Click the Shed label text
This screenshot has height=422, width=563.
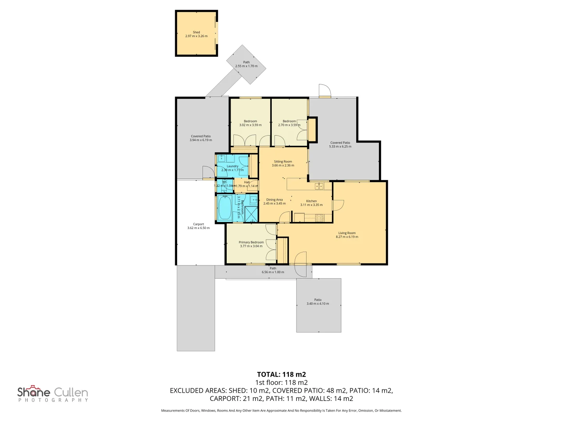[x=196, y=32]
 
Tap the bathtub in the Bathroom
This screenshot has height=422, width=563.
[x=225, y=207]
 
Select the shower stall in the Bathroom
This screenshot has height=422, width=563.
[x=251, y=214]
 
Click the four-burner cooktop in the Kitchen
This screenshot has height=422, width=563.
[x=319, y=218]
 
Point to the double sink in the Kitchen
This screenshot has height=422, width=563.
[x=319, y=186]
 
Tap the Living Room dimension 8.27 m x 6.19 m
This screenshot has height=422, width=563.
[x=347, y=237]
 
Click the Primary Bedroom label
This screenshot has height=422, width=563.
[x=251, y=242]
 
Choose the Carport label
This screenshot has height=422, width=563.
[x=198, y=224]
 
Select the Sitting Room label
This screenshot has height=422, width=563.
[x=283, y=161]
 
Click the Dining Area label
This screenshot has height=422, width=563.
[x=274, y=200]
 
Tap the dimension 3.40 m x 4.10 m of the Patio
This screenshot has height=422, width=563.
[x=317, y=304]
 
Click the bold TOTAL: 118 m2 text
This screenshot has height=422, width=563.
[x=281, y=374]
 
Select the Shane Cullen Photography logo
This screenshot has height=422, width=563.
[x=53, y=393]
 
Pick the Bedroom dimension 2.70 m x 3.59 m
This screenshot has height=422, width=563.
[x=289, y=125]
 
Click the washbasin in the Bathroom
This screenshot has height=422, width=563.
[x=253, y=200]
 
